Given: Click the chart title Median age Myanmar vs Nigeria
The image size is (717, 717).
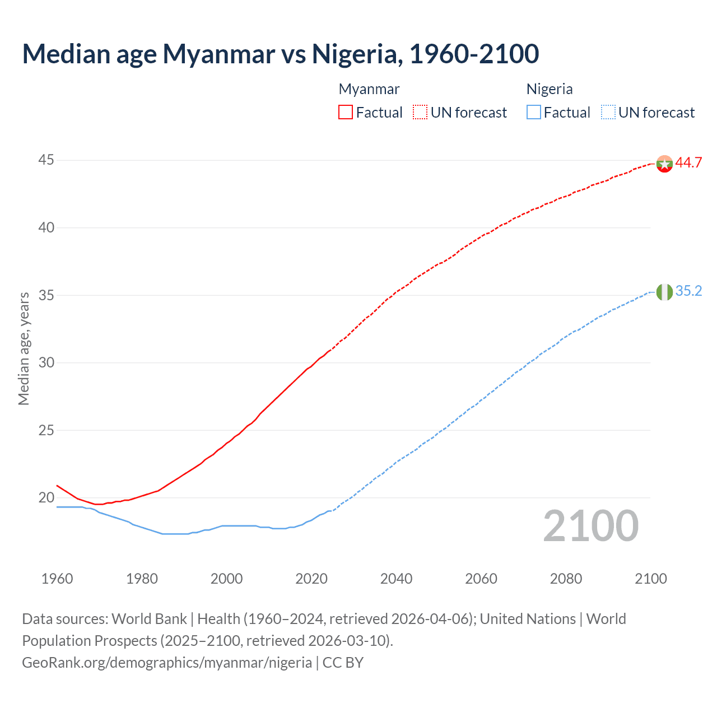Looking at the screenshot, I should (x=280, y=54).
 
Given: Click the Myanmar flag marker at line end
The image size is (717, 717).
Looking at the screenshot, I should (x=664, y=164).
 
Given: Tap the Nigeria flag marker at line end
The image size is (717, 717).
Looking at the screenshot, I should (x=664, y=292).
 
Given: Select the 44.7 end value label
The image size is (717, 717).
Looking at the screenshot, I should (x=688, y=163).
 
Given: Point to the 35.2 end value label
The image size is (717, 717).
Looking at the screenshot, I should (x=688, y=291).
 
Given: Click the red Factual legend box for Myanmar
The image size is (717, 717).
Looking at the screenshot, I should (x=346, y=112).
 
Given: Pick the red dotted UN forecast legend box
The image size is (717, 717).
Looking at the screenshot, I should (x=420, y=112).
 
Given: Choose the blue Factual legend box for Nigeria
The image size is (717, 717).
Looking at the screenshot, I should (x=534, y=112).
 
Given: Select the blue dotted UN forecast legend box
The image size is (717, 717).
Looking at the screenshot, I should (x=608, y=112).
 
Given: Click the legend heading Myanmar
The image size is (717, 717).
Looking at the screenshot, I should (x=369, y=89).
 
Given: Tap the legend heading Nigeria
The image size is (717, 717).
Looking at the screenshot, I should (x=550, y=89).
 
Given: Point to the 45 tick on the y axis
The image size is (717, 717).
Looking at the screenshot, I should (x=46, y=160).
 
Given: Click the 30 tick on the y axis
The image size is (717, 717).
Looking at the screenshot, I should (x=46, y=362).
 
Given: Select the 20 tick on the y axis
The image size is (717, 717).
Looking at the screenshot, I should (x=46, y=497).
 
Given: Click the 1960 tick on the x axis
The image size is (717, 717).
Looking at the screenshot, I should (x=57, y=579).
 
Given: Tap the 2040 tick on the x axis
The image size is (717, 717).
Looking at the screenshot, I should (x=396, y=579).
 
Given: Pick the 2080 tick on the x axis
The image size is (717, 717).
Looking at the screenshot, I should (x=566, y=579).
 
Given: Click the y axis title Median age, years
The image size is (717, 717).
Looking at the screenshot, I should (x=24, y=348).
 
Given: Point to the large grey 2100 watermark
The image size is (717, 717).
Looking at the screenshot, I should (x=590, y=526).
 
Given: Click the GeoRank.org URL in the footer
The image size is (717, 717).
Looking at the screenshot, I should (x=167, y=663).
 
